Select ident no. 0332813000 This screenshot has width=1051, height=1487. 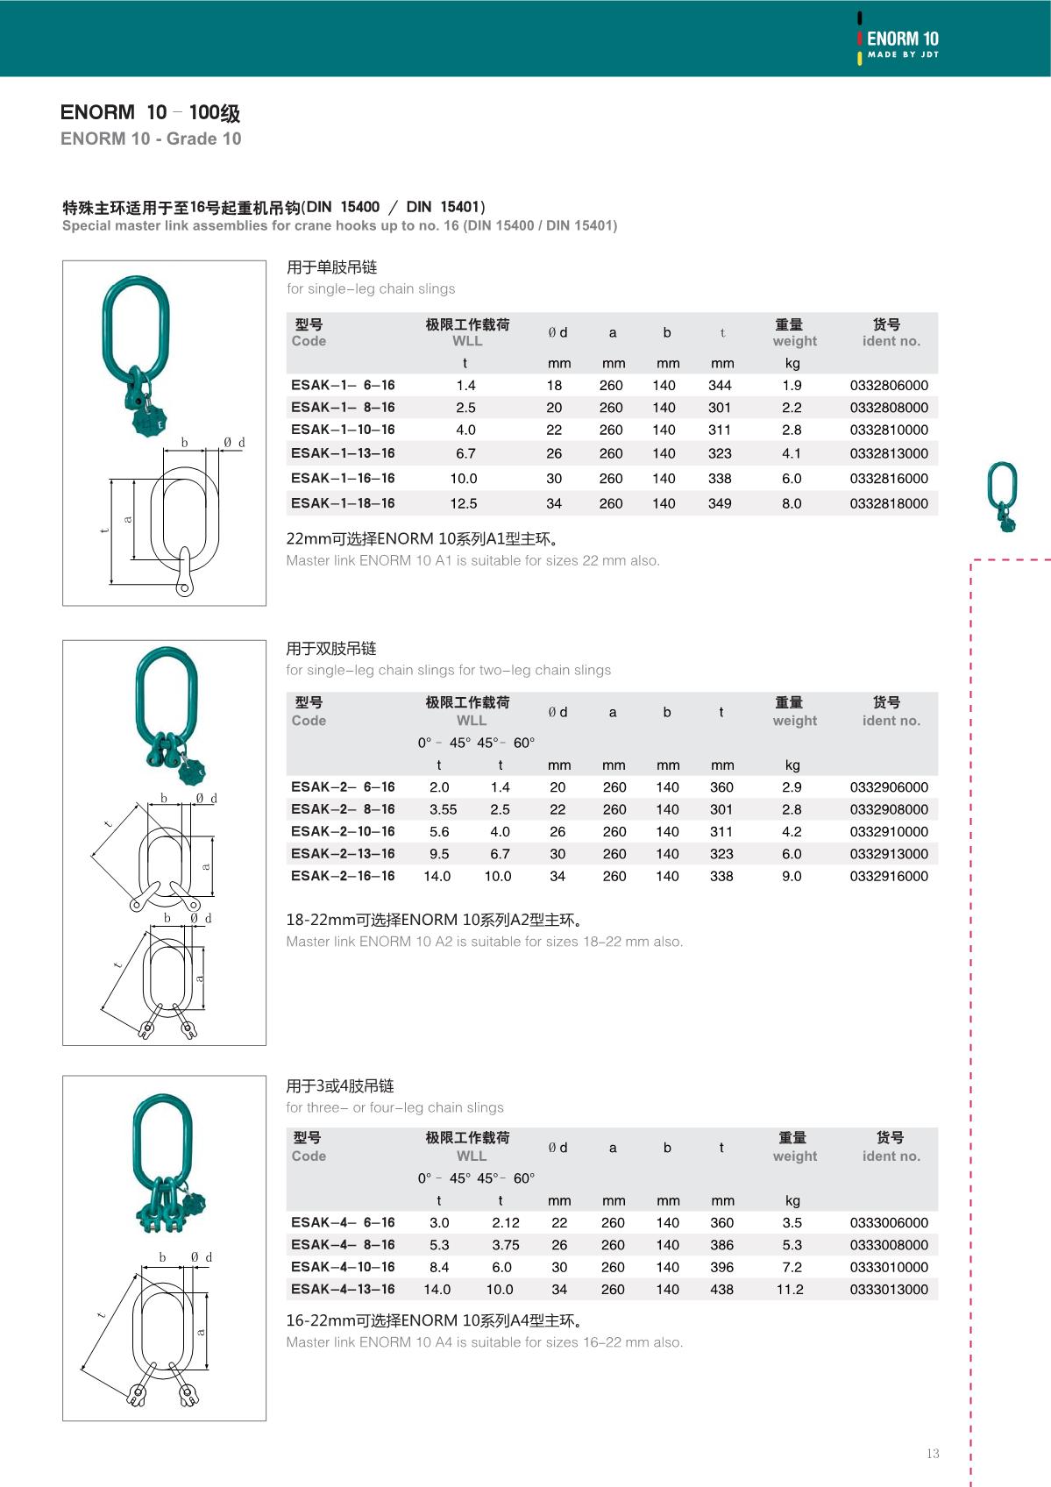[889, 453]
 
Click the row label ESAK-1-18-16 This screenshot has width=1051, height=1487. [343, 503]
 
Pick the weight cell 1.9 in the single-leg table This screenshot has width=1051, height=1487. [792, 386]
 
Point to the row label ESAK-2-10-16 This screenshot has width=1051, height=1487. [343, 831]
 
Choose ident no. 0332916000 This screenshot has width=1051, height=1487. [889, 876]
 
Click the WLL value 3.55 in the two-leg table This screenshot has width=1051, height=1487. [443, 809]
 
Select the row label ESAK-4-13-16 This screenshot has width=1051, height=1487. [343, 1289]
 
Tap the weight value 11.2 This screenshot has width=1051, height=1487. [790, 1290]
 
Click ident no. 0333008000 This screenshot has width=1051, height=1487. [889, 1245]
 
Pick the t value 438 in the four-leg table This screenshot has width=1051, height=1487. [721, 1290]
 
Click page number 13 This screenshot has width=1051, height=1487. [933, 1454]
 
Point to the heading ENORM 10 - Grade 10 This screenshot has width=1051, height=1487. [151, 139]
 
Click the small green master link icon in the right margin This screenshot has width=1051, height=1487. [1002, 496]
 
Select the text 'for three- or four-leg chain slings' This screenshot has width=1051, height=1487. [394, 1107]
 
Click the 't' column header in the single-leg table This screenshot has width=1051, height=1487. [722, 333]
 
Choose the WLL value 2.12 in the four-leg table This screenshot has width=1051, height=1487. [506, 1223]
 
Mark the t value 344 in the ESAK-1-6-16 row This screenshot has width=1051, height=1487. [720, 386]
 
